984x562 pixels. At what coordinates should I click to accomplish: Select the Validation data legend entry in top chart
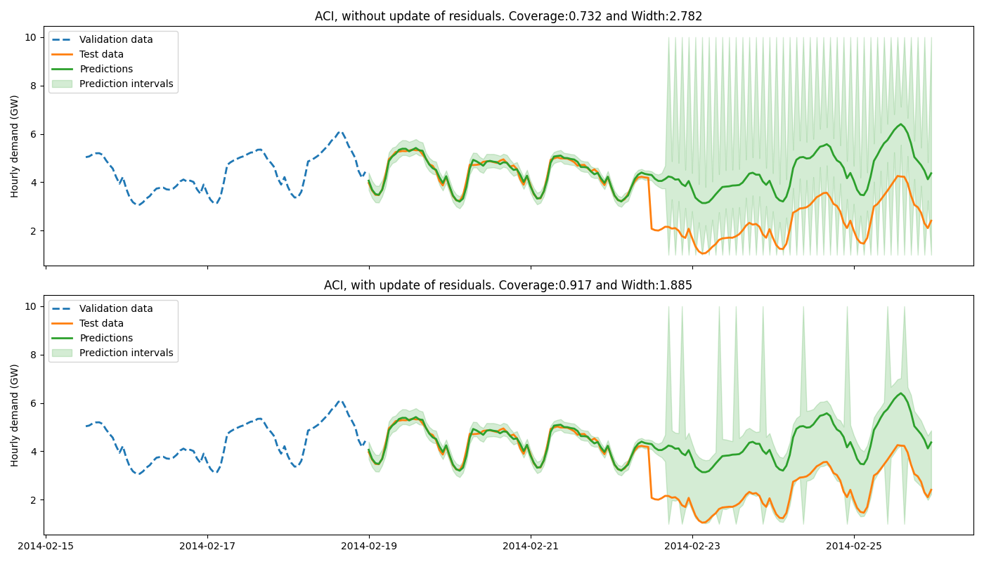click(116, 40)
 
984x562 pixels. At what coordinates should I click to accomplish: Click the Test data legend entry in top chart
click(101, 55)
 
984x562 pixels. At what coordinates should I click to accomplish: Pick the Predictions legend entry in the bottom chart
click(106, 339)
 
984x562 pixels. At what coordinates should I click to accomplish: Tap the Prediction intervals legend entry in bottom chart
click(127, 353)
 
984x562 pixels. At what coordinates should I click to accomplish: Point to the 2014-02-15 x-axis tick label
click(46, 545)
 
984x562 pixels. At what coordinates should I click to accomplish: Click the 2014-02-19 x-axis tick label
click(369, 545)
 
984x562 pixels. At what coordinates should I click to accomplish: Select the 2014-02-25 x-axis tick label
click(854, 545)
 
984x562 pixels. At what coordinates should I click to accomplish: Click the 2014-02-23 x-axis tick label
click(692, 545)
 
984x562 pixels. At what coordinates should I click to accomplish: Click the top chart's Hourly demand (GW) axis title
click(15, 146)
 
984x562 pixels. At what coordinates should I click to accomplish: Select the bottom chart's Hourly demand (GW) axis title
click(15, 415)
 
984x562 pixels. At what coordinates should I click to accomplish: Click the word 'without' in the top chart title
click(362, 16)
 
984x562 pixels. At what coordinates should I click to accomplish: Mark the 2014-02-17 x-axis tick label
click(207, 545)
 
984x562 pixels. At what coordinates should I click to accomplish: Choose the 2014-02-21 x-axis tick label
click(531, 545)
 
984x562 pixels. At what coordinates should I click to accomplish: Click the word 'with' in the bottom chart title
click(363, 285)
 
